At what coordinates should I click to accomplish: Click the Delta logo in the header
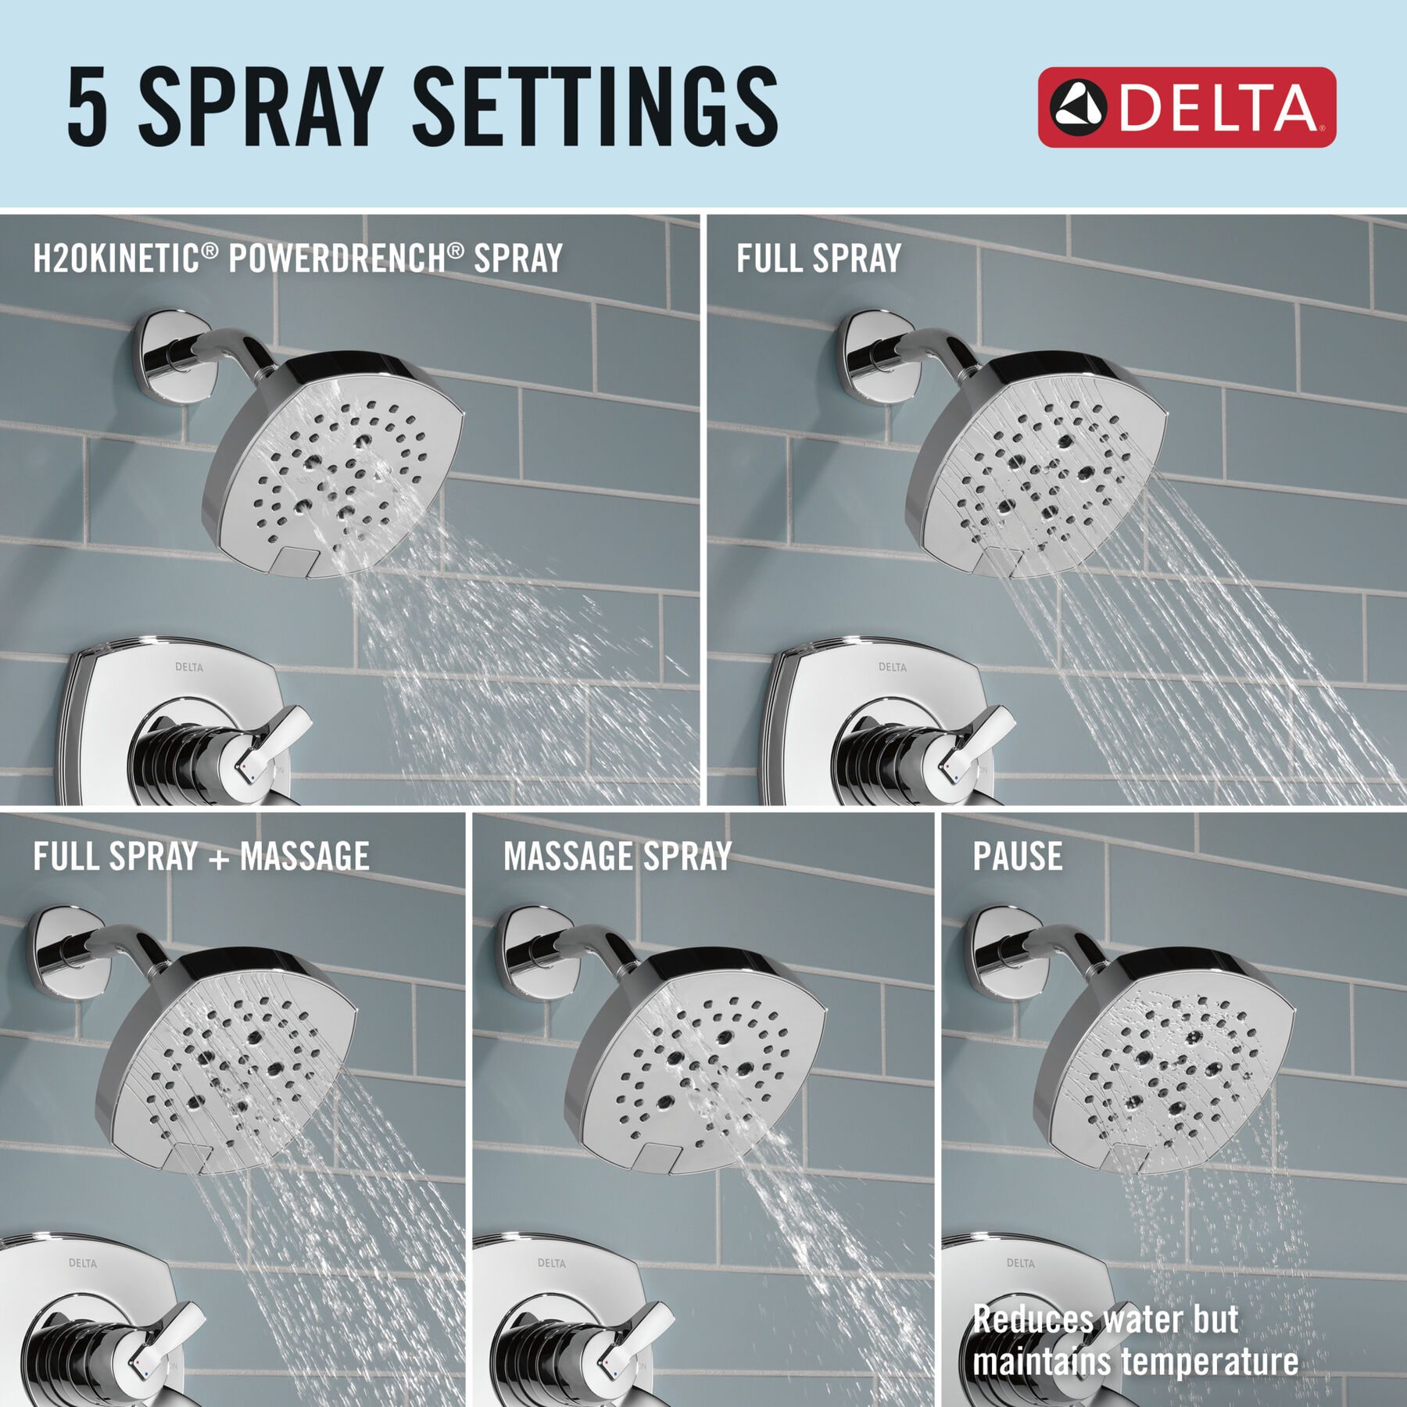coord(1186,107)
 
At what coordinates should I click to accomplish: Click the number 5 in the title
coord(87,107)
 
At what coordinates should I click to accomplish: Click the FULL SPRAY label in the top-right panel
coord(818,258)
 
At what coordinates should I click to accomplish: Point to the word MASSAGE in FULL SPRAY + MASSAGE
coord(304,856)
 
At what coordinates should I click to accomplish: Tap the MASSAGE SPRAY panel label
coord(618,856)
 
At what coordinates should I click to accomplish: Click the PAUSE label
coord(1017,856)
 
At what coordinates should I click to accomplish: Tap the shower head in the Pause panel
coord(1165,1063)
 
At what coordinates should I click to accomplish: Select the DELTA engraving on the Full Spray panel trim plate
coord(892,667)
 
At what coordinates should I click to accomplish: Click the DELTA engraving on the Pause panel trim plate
coord(1020,1263)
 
